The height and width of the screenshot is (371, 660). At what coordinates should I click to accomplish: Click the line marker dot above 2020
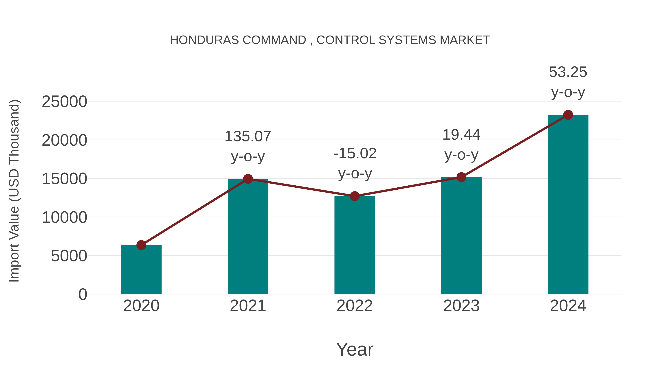click(x=141, y=245)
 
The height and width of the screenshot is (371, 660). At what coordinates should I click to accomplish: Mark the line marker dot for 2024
click(x=568, y=115)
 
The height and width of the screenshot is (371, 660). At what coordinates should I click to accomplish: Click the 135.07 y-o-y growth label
click(x=248, y=146)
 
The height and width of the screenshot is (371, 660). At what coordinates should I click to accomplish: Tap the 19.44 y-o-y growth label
click(x=461, y=145)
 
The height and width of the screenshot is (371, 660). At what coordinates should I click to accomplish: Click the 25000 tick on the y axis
click(x=64, y=102)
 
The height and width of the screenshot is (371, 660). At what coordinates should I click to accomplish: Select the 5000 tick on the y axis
click(x=69, y=256)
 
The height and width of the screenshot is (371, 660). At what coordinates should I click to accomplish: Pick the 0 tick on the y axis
click(x=83, y=294)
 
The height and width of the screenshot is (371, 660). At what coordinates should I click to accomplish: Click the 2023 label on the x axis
click(x=461, y=306)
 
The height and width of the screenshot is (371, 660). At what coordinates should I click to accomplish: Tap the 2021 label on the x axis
click(x=248, y=306)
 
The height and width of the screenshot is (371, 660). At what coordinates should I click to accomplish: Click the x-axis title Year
click(x=355, y=349)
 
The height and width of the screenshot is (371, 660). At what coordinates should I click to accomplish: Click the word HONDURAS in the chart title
click(x=204, y=40)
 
